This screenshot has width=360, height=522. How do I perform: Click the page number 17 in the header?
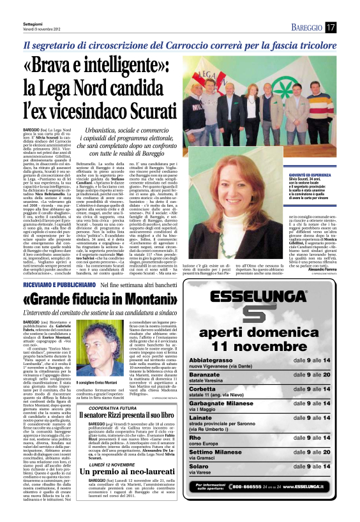tap(330, 27)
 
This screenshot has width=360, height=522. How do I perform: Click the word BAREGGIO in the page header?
tap(307, 27)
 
